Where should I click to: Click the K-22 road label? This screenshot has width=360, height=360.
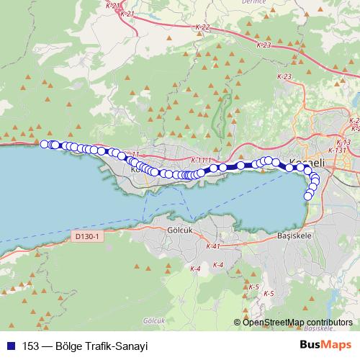[202, 27]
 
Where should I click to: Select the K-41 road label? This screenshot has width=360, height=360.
[212, 246]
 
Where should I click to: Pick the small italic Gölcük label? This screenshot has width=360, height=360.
[155, 319]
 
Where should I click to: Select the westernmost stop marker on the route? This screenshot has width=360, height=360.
[45, 144]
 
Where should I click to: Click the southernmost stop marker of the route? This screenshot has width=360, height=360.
[308, 196]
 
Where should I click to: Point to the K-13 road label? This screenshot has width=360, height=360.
[343, 143]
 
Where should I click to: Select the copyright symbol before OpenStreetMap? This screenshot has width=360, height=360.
[238, 323]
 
